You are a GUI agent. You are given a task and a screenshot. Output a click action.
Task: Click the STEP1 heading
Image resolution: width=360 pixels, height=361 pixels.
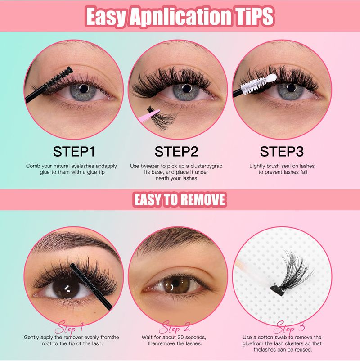pyautogui.click(x=74, y=152)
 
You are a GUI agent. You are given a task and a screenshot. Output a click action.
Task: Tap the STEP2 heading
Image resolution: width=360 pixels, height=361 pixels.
pyautogui.click(x=176, y=152)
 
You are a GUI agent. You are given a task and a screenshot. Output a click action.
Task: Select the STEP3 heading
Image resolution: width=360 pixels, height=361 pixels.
pyautogui.click(x=282, y=152)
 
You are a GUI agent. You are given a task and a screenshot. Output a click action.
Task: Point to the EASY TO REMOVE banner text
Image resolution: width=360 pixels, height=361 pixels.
pyautogui.click(x=180, y=199)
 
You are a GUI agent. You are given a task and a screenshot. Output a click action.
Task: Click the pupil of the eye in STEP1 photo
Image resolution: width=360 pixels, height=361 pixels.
pyautogui.click(x=84, y=89)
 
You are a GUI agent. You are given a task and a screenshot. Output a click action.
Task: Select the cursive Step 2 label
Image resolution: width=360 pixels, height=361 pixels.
pyautogui.click(x=176, y=327)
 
